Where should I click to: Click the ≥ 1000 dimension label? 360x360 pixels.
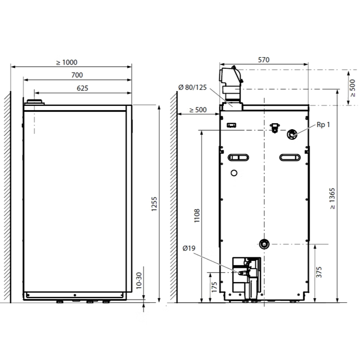[67, 62]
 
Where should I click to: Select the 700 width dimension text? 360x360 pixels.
[77, 75]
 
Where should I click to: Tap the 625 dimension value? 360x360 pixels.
[83, 88]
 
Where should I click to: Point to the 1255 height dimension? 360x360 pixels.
[154, 204]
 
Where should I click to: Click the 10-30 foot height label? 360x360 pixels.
[139, 281]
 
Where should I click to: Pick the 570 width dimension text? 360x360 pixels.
[264, 60]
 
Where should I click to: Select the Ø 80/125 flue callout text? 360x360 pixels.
[192, 87]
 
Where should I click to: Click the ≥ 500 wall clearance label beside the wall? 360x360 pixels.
[198, 110]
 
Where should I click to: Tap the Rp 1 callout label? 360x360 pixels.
[323, 124]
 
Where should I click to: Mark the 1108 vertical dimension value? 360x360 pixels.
[197, 215]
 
